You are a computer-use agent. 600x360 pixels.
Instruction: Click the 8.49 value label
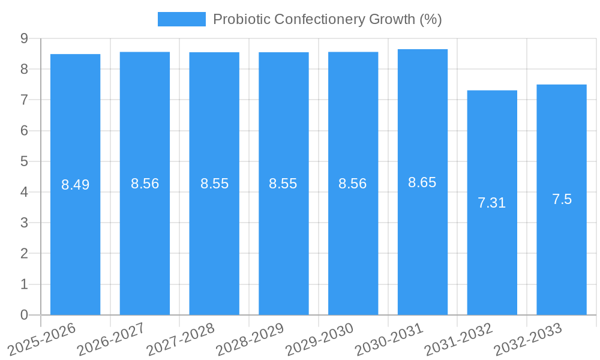[x=75, y=185]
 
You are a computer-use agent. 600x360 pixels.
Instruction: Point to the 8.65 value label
[x=422, y=182]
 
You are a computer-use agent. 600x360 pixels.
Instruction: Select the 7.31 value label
[x=492, y=203]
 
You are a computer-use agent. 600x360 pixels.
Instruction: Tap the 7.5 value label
[x=562, y=199]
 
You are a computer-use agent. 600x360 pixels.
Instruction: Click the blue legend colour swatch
[x=181, y=19]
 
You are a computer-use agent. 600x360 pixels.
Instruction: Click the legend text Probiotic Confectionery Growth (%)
[x=327, y=19]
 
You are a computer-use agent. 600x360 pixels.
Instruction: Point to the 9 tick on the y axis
[x=25, y=38]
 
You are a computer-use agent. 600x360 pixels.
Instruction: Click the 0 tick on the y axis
[x=25, y=315]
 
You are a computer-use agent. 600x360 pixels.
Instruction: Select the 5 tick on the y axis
[x=25, y=161]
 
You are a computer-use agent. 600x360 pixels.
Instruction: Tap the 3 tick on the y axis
[x=25, y=223]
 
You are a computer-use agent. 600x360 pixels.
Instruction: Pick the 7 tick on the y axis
[x=25, y=100]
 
